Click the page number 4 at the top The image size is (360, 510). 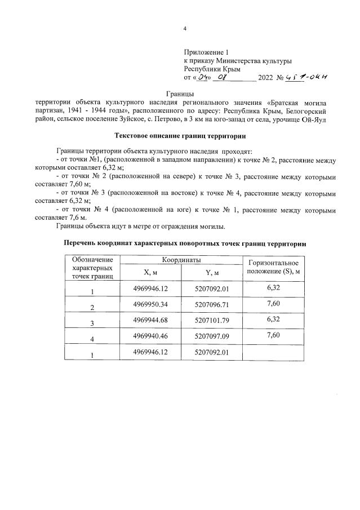click(185, 29)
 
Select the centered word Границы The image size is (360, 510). click(180, 93)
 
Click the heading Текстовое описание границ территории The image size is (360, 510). click(180, 136)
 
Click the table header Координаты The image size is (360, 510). click(181, 260)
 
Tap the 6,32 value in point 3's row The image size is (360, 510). click(273, 319)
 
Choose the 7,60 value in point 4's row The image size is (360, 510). click(273, 335)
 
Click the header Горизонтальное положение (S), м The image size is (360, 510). click(273, 267)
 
